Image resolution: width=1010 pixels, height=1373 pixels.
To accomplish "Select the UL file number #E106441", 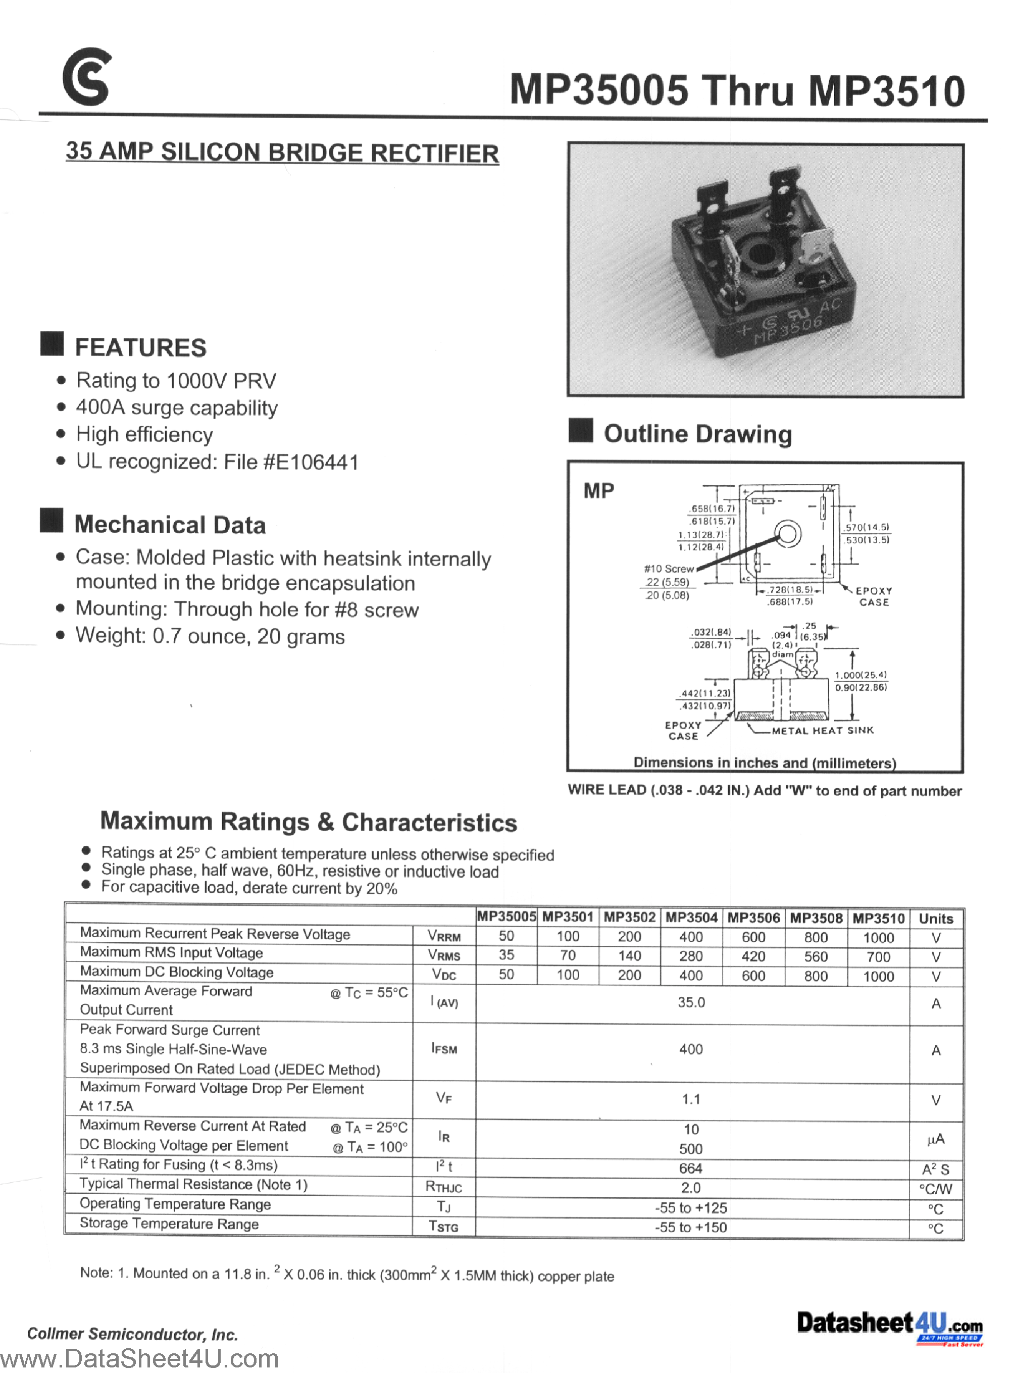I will (x=311, y=462).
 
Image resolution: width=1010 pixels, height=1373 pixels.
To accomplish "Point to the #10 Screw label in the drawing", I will (x=669, y=569).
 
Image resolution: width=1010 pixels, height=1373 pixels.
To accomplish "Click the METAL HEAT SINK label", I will (x=822, y=731).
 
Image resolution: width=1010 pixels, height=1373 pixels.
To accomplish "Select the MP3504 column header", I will (x=691, y=918).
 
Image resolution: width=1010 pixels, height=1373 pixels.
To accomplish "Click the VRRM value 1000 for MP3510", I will (x=878, y=938).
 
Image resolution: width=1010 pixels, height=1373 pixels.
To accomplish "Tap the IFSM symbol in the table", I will (x=444, y=1049).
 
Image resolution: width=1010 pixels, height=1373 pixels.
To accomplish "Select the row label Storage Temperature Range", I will (x=169, y=1224).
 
